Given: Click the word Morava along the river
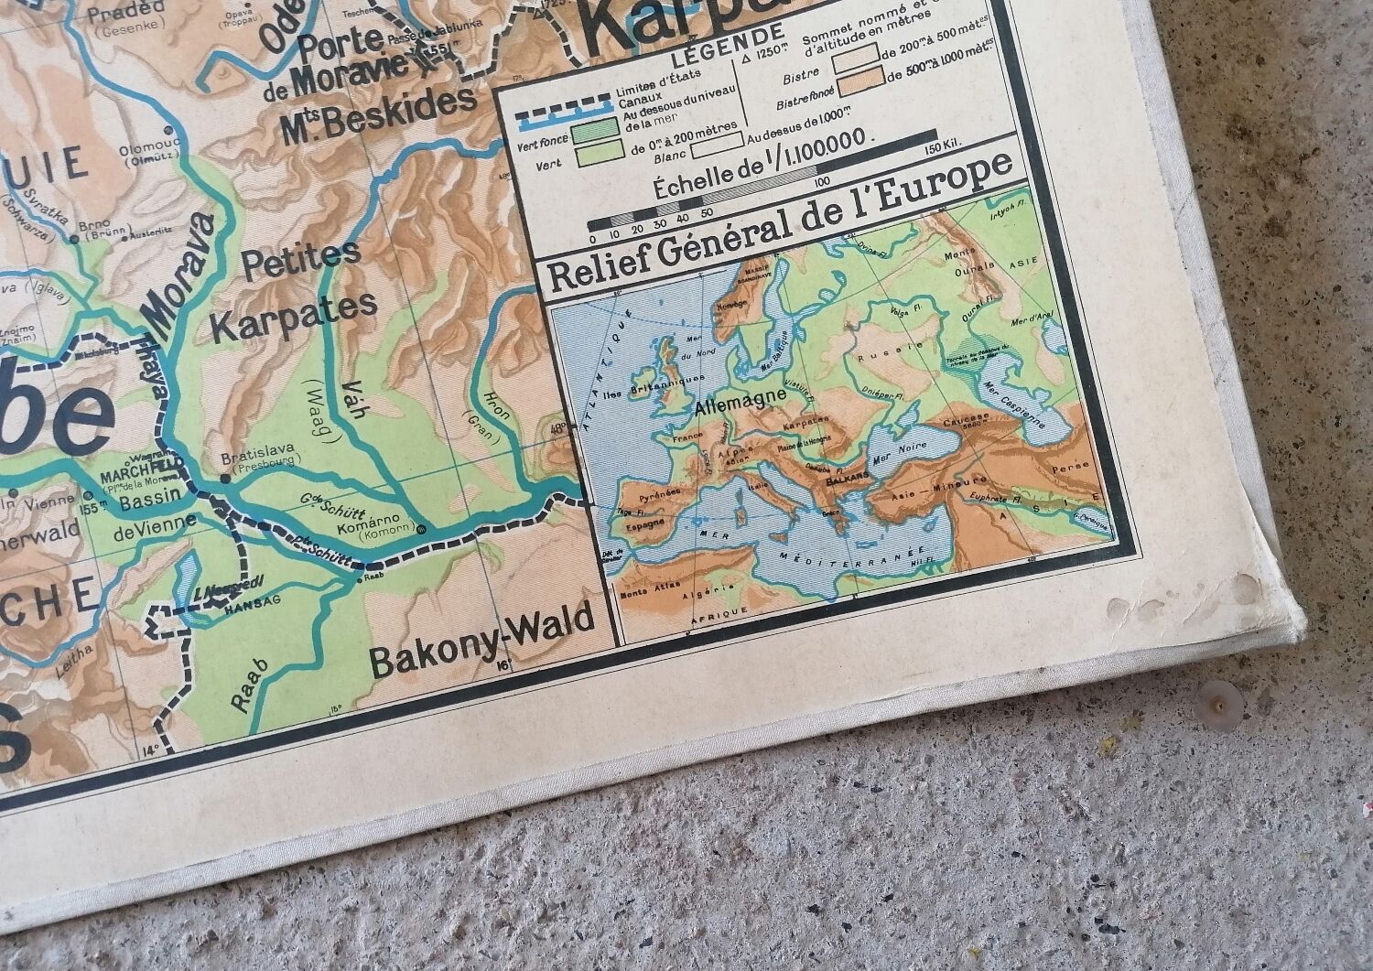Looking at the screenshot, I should (x=179, y=275).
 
